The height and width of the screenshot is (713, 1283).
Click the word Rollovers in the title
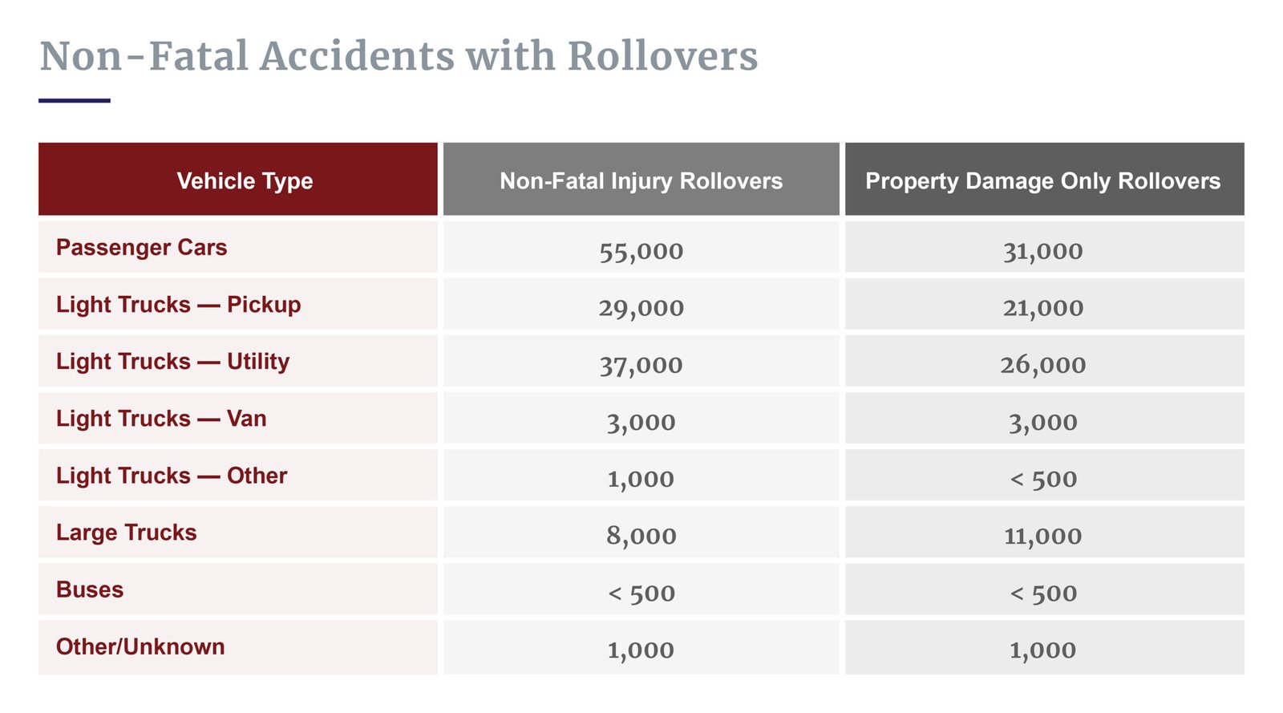[662, 56]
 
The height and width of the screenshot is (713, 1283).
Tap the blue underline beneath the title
[74, 100]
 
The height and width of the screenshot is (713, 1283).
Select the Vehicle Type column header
[245, 180]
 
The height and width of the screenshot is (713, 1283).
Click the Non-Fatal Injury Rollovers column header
[641, 180]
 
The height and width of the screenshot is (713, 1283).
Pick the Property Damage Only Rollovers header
[1042, 180]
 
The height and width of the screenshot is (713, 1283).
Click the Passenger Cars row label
[141, 247]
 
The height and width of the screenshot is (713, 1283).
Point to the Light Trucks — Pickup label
[178, 305]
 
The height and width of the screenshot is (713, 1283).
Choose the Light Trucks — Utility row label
[172, 362]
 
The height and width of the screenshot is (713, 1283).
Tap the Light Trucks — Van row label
[161, 419]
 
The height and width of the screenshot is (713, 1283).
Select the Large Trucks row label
[126, 533]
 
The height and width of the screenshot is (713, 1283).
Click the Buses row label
[90, 589]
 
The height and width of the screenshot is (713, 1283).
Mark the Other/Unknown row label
[140, 646]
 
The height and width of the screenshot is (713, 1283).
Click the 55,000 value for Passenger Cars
[641, 251]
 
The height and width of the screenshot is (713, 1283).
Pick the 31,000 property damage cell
[1042, 251]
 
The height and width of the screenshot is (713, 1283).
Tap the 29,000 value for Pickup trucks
[641, 308]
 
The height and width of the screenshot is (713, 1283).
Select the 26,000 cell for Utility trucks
[1042, 365]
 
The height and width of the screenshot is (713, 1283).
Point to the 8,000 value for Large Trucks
[641, 536]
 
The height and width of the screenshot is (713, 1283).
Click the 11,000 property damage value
[1042, 536]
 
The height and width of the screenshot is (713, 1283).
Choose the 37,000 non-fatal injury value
[641, 365]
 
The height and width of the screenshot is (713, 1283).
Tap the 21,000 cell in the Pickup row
[1042, 308]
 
